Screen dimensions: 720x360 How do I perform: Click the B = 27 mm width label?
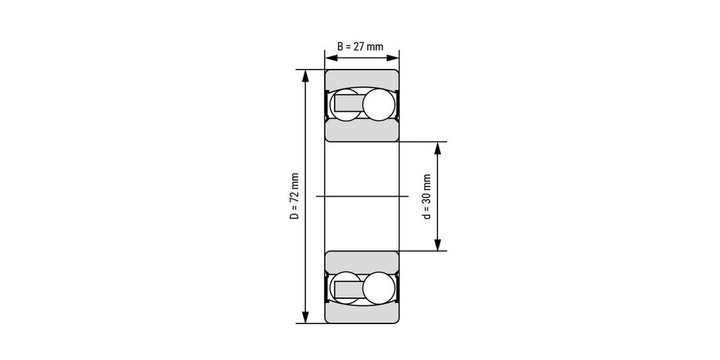point(361,46)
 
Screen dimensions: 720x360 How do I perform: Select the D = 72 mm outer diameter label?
point(295,196)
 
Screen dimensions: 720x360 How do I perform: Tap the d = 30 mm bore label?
point(427,197)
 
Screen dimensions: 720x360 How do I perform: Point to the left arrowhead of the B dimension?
point(330,58)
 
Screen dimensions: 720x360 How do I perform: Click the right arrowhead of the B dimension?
point(393,58)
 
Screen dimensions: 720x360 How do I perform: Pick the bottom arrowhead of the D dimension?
point(306,317)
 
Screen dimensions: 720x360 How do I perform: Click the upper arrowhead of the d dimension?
point(437,148)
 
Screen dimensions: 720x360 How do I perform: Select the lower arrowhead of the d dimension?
point(437,245)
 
